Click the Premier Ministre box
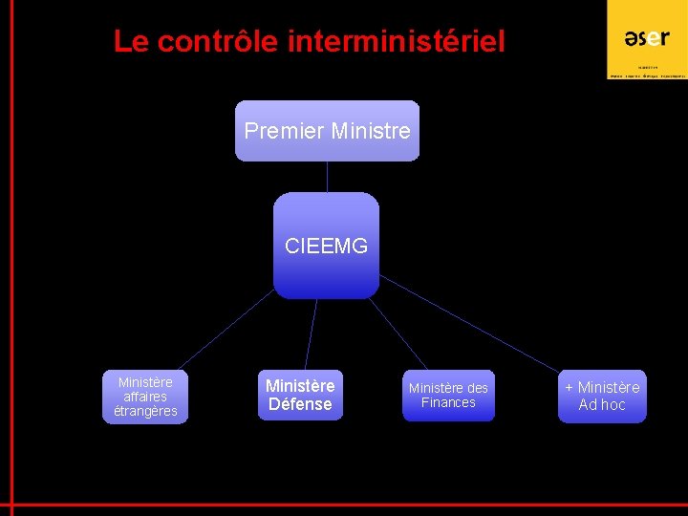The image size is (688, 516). (327, 131)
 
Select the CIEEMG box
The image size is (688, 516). (326, 246)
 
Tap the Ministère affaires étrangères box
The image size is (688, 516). (145, 397)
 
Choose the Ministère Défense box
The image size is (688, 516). (300, 396)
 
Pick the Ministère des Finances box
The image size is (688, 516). (448, 396)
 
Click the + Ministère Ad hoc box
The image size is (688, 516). (602, 396)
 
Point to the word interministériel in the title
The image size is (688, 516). (396, 42)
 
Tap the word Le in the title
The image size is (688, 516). (131, 42)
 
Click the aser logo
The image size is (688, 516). (647, 38)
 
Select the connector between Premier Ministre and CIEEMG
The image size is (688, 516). (327, 177)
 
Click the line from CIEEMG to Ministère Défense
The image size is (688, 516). (312, 334)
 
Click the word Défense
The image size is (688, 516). (300, 405)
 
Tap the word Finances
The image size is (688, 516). (448, 403)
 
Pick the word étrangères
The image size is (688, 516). (145, 412)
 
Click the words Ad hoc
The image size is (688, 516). (602, 405)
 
